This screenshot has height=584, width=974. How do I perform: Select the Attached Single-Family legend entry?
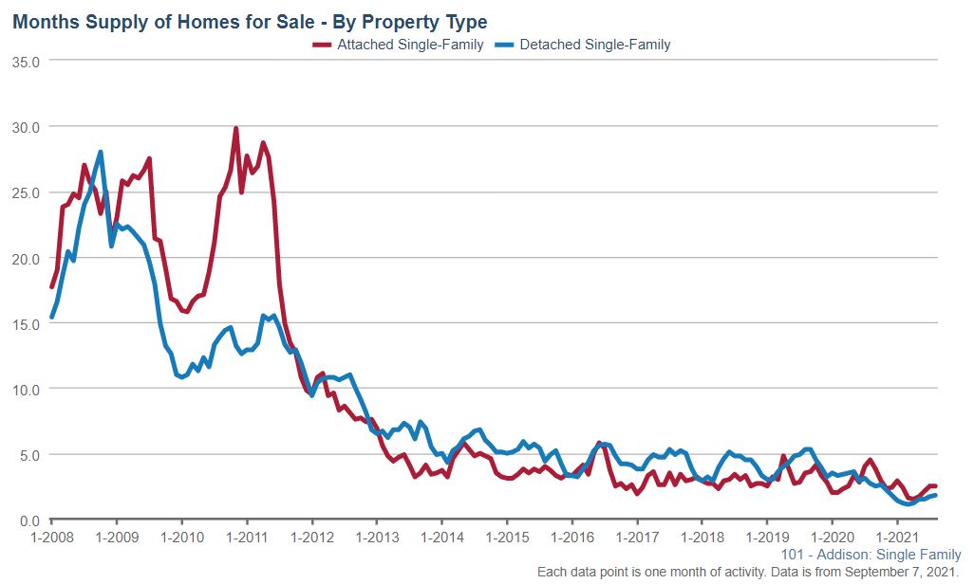tap(399, 44)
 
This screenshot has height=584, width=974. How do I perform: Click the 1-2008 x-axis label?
tap(51, 537)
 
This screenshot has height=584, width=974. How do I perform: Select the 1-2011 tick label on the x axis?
tap(247, 537)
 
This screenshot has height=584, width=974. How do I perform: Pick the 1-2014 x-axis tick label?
tap(441, 537)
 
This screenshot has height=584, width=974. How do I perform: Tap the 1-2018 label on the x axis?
tap(702, 537)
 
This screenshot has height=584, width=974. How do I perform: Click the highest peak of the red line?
tap(235, 129)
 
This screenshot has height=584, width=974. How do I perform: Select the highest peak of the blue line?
tap(100, 152)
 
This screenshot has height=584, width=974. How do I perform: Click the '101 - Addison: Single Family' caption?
tap(871, 555)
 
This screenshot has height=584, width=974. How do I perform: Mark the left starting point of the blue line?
tap(51, 318)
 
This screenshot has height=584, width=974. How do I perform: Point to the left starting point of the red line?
tap(51, 286)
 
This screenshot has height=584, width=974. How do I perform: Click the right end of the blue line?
tap(936, 495)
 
